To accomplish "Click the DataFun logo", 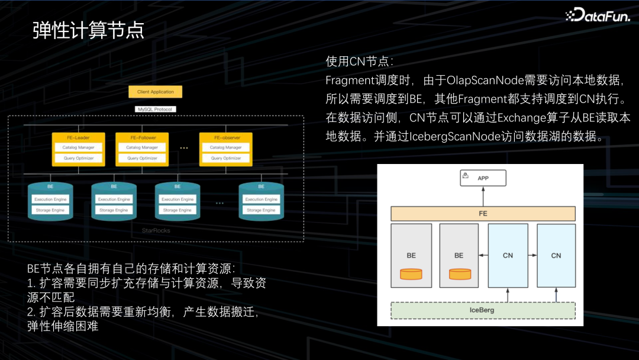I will [599, 14].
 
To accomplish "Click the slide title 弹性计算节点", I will [88, 30].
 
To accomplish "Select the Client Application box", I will [156, 92].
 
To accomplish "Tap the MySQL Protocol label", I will [156, 110].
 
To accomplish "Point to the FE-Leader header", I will [78, 137].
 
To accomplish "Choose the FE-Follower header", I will [143, 137].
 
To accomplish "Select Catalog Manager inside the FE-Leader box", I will [78, 147].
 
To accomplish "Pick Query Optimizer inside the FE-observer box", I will [226, 158].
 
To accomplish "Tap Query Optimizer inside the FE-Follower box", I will [143, 158].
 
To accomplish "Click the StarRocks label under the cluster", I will [156, 230].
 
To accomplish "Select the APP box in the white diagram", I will [483, 178].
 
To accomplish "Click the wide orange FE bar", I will [483, 213].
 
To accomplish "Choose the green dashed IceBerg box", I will [483, 310].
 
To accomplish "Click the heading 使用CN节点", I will [359, 61].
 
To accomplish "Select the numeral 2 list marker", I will [31, 311].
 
